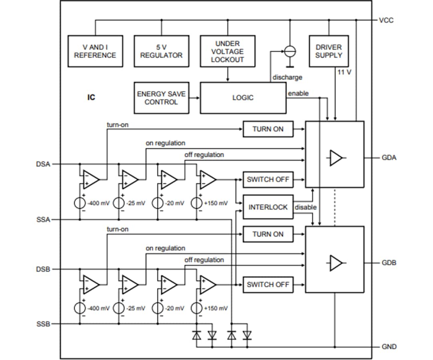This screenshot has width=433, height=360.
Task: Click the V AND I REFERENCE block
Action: click(x=95, y=51)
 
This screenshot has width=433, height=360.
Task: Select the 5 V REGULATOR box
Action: click(x=161, y=51)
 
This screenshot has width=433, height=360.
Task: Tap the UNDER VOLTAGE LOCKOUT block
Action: click(x=227, y=51)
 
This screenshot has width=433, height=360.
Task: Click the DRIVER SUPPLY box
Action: click(x=328, y=51)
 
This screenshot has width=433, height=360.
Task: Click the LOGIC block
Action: click(x=243, y=98)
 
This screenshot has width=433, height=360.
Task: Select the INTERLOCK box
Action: click(x=268, y=207)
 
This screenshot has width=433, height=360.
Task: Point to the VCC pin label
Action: click(x=386, y=20)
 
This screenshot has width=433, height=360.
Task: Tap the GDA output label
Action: click(x=388, y=158)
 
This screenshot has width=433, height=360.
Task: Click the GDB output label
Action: click(x=388, y=263)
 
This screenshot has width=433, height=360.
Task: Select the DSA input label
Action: click(x=43, y=164)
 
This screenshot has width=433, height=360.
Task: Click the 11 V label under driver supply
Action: click(x=344, y=73)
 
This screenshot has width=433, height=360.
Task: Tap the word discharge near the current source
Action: click(x=287, y=77)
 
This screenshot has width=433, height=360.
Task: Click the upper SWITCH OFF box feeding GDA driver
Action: click(x=268, y=179)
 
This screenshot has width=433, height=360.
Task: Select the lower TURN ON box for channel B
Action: click(x=268, y=234)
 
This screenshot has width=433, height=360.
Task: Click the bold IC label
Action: click(x=91, y=97)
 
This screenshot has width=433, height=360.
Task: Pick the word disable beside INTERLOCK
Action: click(x=306, y=207)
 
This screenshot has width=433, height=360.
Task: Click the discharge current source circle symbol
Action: click(x=289, y=51)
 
